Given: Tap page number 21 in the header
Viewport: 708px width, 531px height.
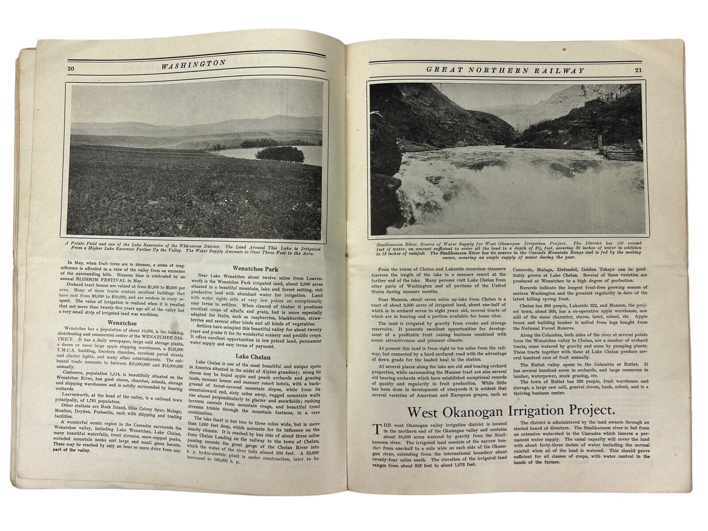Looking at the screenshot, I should pyautogui.click(x=638, y=70).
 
